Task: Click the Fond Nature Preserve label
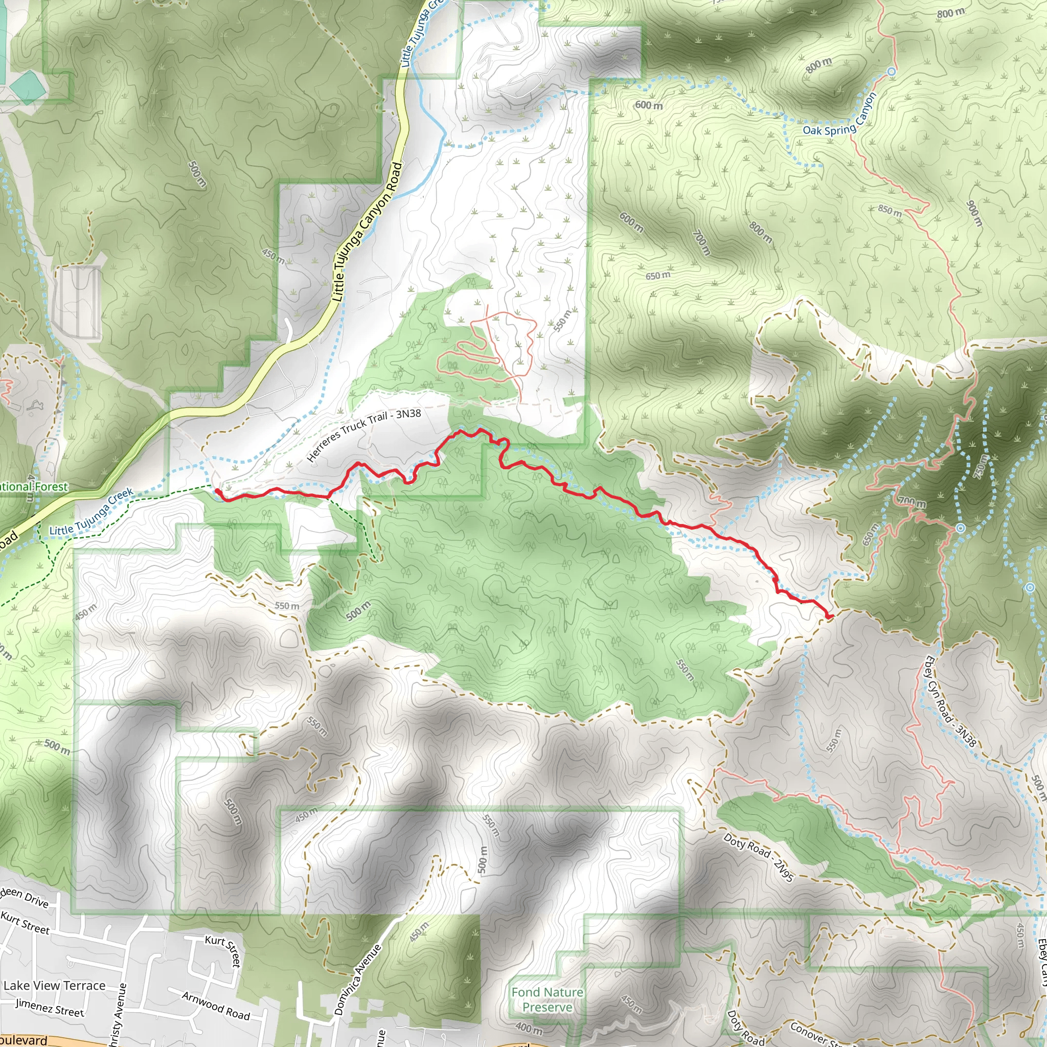[x=548, y=999]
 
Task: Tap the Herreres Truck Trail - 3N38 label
[x=363, y=436]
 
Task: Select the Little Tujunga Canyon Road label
[x=367, y=233]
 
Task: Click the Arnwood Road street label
[x=216, y=1006]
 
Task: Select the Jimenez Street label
[x=50, y=1008]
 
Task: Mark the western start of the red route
[x=217, y=491]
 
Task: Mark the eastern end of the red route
[x=831, y=616]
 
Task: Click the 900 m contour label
[x=974, y=214]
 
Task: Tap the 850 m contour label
[x=890, y=211]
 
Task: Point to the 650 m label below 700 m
[x=657, y=276]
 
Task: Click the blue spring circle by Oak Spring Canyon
[x=892, y=72]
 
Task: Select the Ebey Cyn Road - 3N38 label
[x=950, y=702]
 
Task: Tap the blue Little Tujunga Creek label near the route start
[x=91, y=512]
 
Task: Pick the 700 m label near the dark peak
[x=912, y=503]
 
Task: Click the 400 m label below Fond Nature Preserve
[x=529, y=1028]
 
